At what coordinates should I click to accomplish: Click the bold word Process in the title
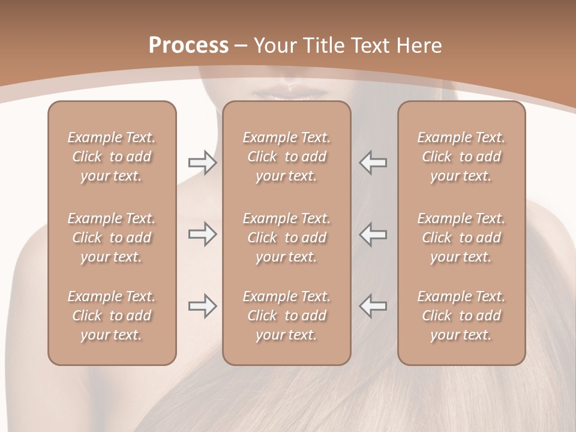(x=188, y=46)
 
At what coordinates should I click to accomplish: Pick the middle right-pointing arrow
(x=202, y=234)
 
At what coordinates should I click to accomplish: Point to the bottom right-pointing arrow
(x=202, y=306)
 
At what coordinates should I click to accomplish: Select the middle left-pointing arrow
(x=373, y=234)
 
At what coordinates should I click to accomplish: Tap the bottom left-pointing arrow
(x=373, y=306)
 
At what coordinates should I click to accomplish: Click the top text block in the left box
(x=112, y=157)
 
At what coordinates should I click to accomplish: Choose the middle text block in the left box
(x=112, y=238)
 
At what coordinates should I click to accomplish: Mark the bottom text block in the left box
(x=112, y=316)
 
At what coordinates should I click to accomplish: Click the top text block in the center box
(x=286, y=157)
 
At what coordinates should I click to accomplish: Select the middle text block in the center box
(x=286, y=238)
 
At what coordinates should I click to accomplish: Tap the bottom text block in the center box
(x=286, y=316)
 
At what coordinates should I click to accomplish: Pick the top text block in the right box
(x=461, y=157)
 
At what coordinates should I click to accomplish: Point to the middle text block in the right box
(x=461, y=238)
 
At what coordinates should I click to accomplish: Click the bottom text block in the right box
(x=461, y=316)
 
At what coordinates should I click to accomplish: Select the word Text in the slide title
(x=371, y=46)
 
